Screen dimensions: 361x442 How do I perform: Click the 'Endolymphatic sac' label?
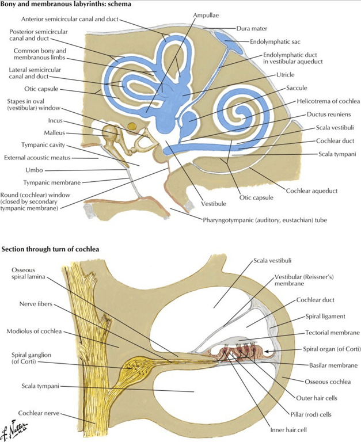[275, 41]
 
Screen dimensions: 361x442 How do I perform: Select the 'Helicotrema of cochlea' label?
[328, 101]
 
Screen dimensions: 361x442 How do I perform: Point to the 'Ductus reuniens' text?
[329, 114]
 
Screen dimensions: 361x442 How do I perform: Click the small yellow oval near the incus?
[131, 126]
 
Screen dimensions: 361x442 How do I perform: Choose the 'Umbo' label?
[34, 170]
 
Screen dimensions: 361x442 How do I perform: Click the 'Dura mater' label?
[252, 28]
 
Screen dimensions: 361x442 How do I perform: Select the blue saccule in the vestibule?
[189, 120]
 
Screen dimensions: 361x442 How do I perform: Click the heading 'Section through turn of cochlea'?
[50, 249]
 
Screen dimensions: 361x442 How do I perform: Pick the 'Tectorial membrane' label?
[333, 333]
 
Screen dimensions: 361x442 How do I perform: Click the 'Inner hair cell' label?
[288, 430]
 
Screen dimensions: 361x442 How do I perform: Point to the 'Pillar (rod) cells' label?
[311, 414]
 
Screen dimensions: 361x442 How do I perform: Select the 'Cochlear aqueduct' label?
[311, 191]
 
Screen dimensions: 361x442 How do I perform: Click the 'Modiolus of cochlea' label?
[34, 331]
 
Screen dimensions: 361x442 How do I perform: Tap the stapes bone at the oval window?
[145, 143]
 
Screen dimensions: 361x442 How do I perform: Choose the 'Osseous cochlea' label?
[328, 382]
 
